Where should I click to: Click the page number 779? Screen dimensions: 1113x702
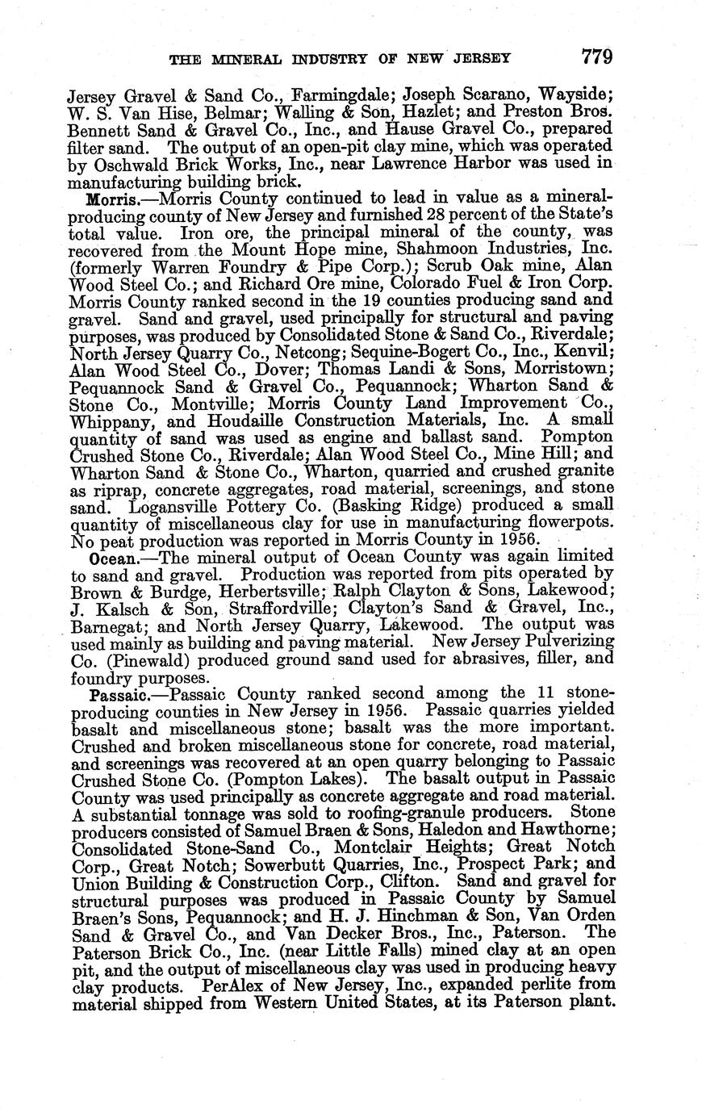pyautogui.click(x=596, y=56)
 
